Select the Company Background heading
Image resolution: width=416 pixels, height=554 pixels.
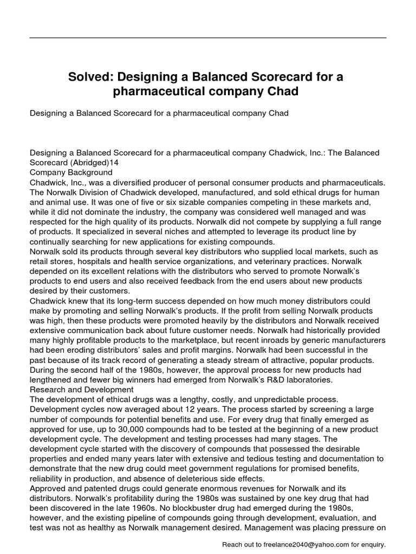coord(71,173)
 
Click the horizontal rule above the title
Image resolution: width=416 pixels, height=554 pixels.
coord(208,38)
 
